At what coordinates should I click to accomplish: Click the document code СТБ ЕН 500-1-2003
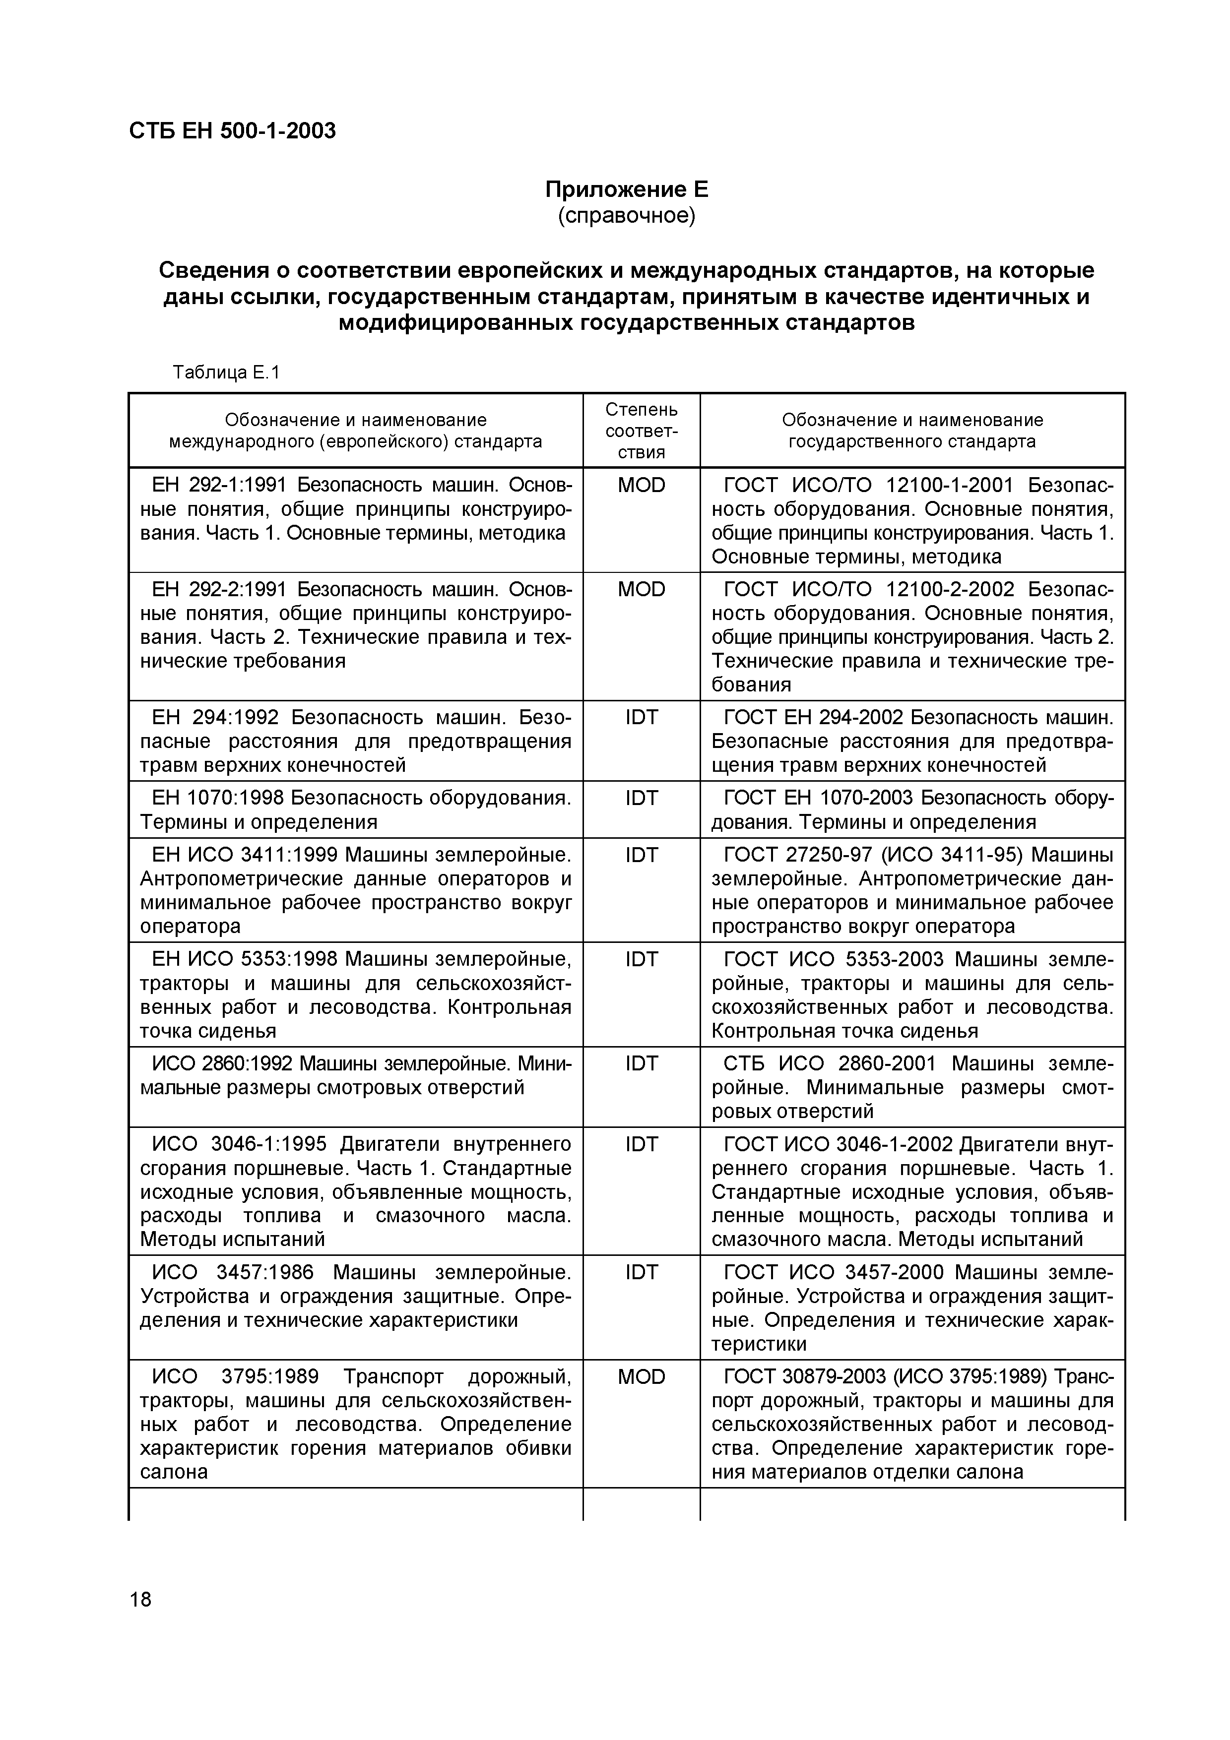point(232,131)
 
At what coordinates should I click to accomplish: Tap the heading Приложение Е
point(626,188)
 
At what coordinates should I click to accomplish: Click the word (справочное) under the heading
point(626,216)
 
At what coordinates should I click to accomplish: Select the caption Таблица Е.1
point(226,372)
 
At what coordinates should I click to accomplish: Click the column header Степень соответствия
point(641,431)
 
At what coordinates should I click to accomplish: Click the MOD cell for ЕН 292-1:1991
point(641,485)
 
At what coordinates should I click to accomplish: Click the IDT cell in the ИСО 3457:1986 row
point(641,1272)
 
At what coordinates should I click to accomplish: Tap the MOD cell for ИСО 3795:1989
point(641,1377)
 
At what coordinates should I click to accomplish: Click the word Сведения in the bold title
point(214,270)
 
